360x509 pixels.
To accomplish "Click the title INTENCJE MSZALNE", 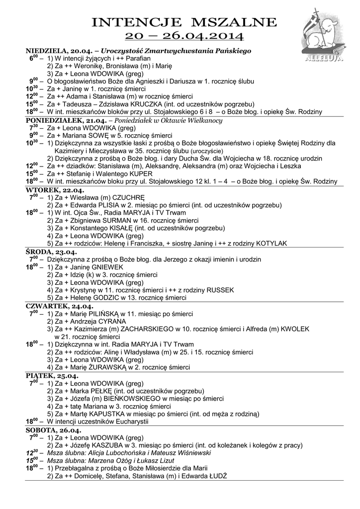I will click(x=184, y=23).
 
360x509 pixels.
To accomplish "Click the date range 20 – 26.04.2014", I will click(x=184, y=35).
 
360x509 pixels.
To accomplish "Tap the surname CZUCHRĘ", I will click(x=128, y=197).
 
